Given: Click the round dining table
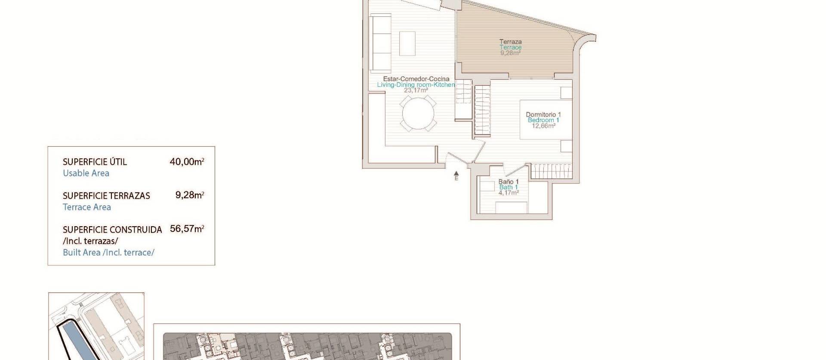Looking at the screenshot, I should click(x=418, y=114).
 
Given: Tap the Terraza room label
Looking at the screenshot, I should click(x=511, y=42).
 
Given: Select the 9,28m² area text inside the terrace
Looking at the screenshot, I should click(x=511, y=53).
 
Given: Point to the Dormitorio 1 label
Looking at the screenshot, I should click(x=543, y=114).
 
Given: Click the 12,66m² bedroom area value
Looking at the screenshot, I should click(x=543, y=126).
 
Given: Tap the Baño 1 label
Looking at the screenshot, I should click(x=509, y=182).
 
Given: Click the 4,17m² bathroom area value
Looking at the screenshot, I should click(x=508, y=193).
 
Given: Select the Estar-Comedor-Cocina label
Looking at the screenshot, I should click(x=416, y=79).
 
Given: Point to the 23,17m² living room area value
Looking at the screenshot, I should click(x=416, y=90).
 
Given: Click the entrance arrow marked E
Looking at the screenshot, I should click(x=456, y=175).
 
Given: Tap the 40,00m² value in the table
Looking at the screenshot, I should click(x=187, y=162).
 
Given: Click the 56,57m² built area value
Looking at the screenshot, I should click(x=187, y=229).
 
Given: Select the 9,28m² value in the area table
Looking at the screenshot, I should click(x=189, y=195).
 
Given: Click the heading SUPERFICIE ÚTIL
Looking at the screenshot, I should click(x=95, y=162).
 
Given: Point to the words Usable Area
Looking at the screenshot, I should click(x=86, y=173).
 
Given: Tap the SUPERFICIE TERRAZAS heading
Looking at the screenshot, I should click(x=106, y=196).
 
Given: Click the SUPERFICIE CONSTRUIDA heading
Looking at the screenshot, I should click(x=112, y=230).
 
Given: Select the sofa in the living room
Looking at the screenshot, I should click(x=381, y=43).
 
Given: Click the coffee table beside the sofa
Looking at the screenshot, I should click(x=407, y=43).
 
